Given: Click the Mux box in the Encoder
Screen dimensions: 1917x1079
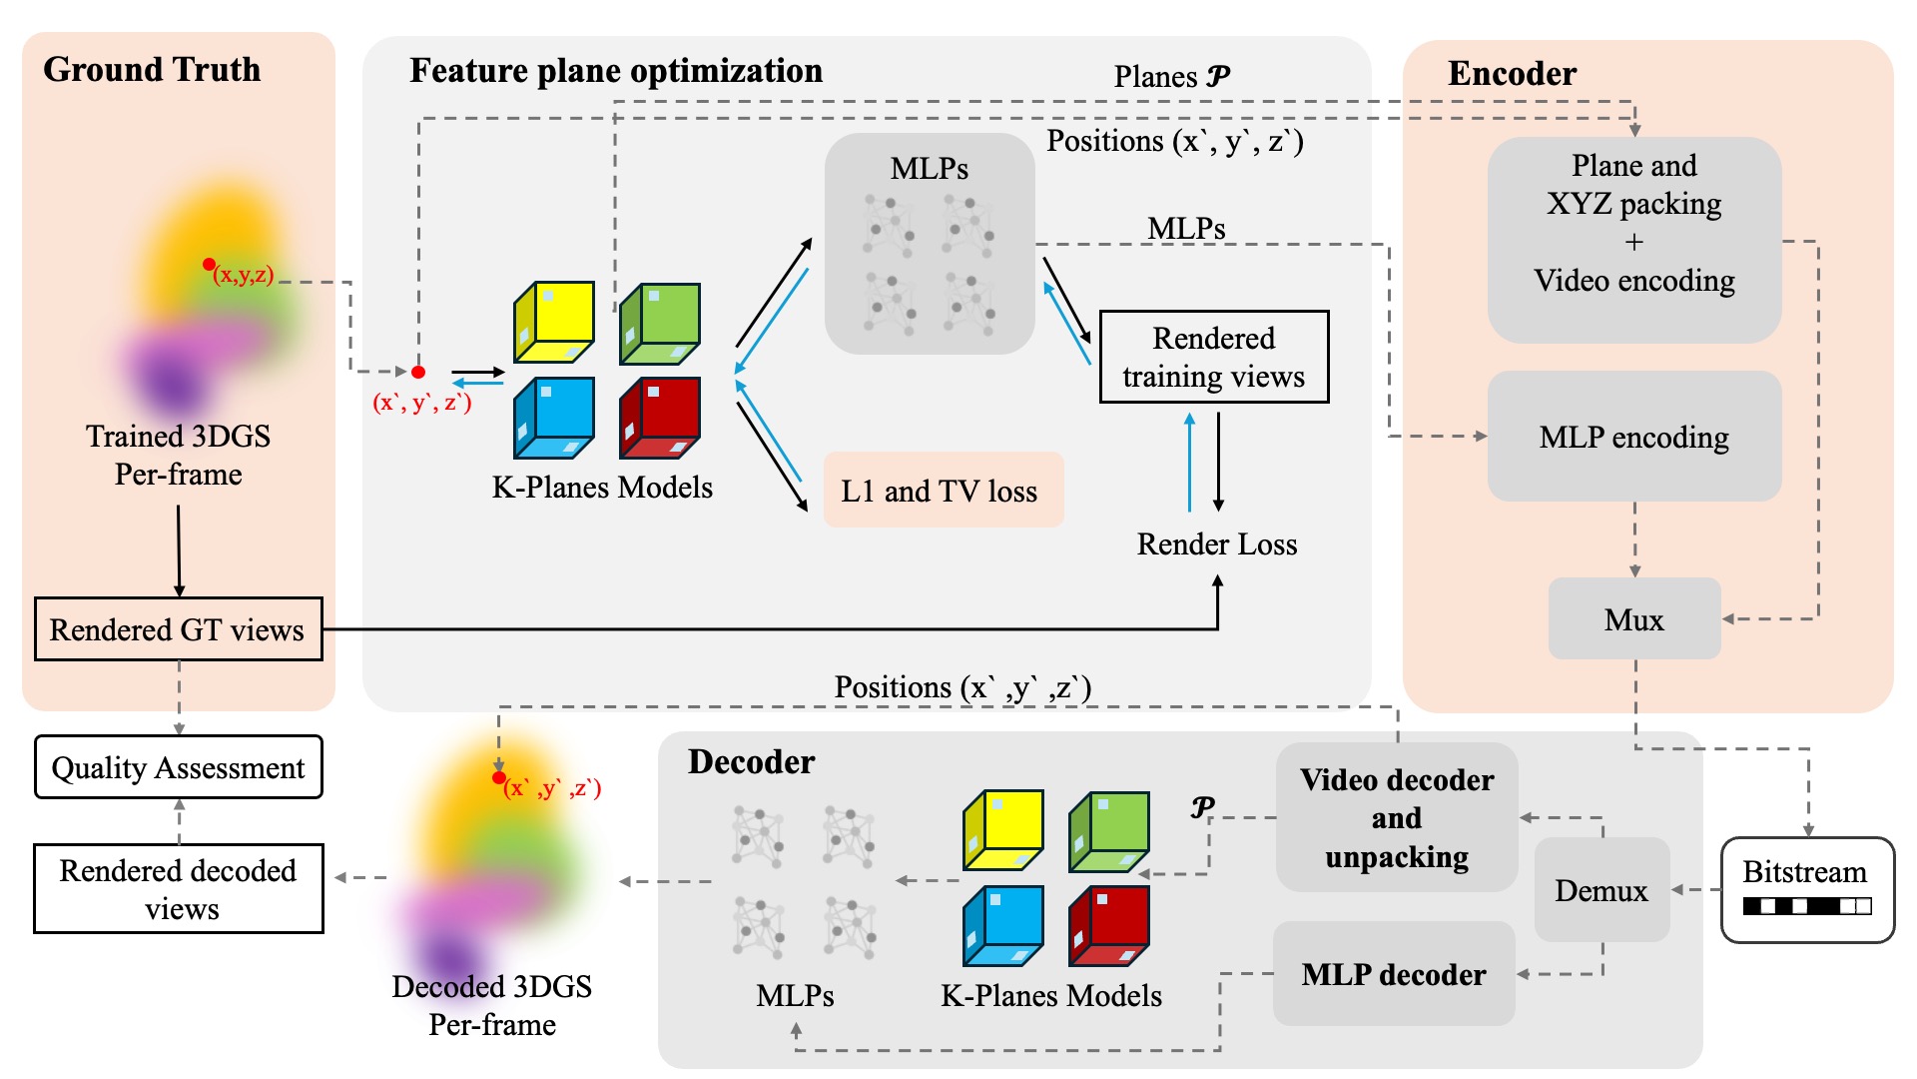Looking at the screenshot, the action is [x=1634, y=619].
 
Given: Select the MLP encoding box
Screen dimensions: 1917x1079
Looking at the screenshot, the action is [x=1634, y=437].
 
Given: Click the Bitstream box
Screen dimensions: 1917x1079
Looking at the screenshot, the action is [x=1807, y=889].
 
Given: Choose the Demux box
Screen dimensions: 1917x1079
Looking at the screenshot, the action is [x=1601, y=890].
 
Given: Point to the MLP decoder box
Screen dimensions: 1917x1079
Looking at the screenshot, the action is [x=1394, y=974].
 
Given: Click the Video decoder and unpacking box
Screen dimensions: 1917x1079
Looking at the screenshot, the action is [x=1397, y=818].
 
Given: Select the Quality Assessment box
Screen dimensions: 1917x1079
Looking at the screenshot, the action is [x=179, y=767].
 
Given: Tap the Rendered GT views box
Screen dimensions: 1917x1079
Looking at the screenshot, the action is [x=178, y=629].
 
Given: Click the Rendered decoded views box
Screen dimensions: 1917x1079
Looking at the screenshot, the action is [x=179, y=889].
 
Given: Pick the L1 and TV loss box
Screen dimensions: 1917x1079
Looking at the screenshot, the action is [x=943, y=491].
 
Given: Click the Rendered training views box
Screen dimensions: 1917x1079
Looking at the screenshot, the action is [x=1213, y=357].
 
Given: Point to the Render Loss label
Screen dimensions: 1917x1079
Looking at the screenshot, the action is [x=1217, y=544].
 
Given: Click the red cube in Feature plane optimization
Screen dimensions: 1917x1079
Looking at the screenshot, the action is [x=660, y=418].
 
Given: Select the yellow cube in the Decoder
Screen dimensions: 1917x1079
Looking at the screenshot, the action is [x=1003, y=829].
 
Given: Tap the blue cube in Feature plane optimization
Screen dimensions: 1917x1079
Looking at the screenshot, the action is [x=554, y=418].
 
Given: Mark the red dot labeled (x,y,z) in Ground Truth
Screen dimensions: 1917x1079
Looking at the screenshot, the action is [x=209, y=265].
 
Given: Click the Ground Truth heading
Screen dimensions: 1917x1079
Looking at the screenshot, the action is [x=152, y=69].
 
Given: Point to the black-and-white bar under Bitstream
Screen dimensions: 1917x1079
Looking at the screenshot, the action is [x=1807, y=906].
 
